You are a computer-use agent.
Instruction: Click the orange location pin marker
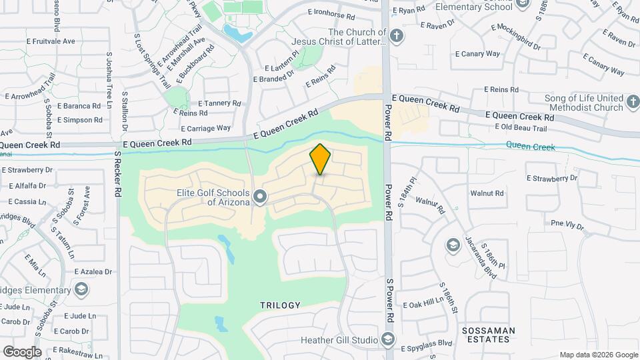point(320,159)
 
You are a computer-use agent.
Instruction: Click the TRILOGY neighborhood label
point(281,305)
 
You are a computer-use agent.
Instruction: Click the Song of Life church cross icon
point(633,103)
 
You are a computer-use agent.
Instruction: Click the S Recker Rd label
point(118,173)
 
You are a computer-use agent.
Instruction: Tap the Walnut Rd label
point(487,193)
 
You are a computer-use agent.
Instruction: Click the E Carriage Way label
point(208,128)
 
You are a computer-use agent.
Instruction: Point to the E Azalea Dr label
point(93,271)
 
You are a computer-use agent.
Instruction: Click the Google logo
point(21,351)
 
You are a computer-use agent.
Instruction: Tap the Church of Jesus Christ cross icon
point(397,35)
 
